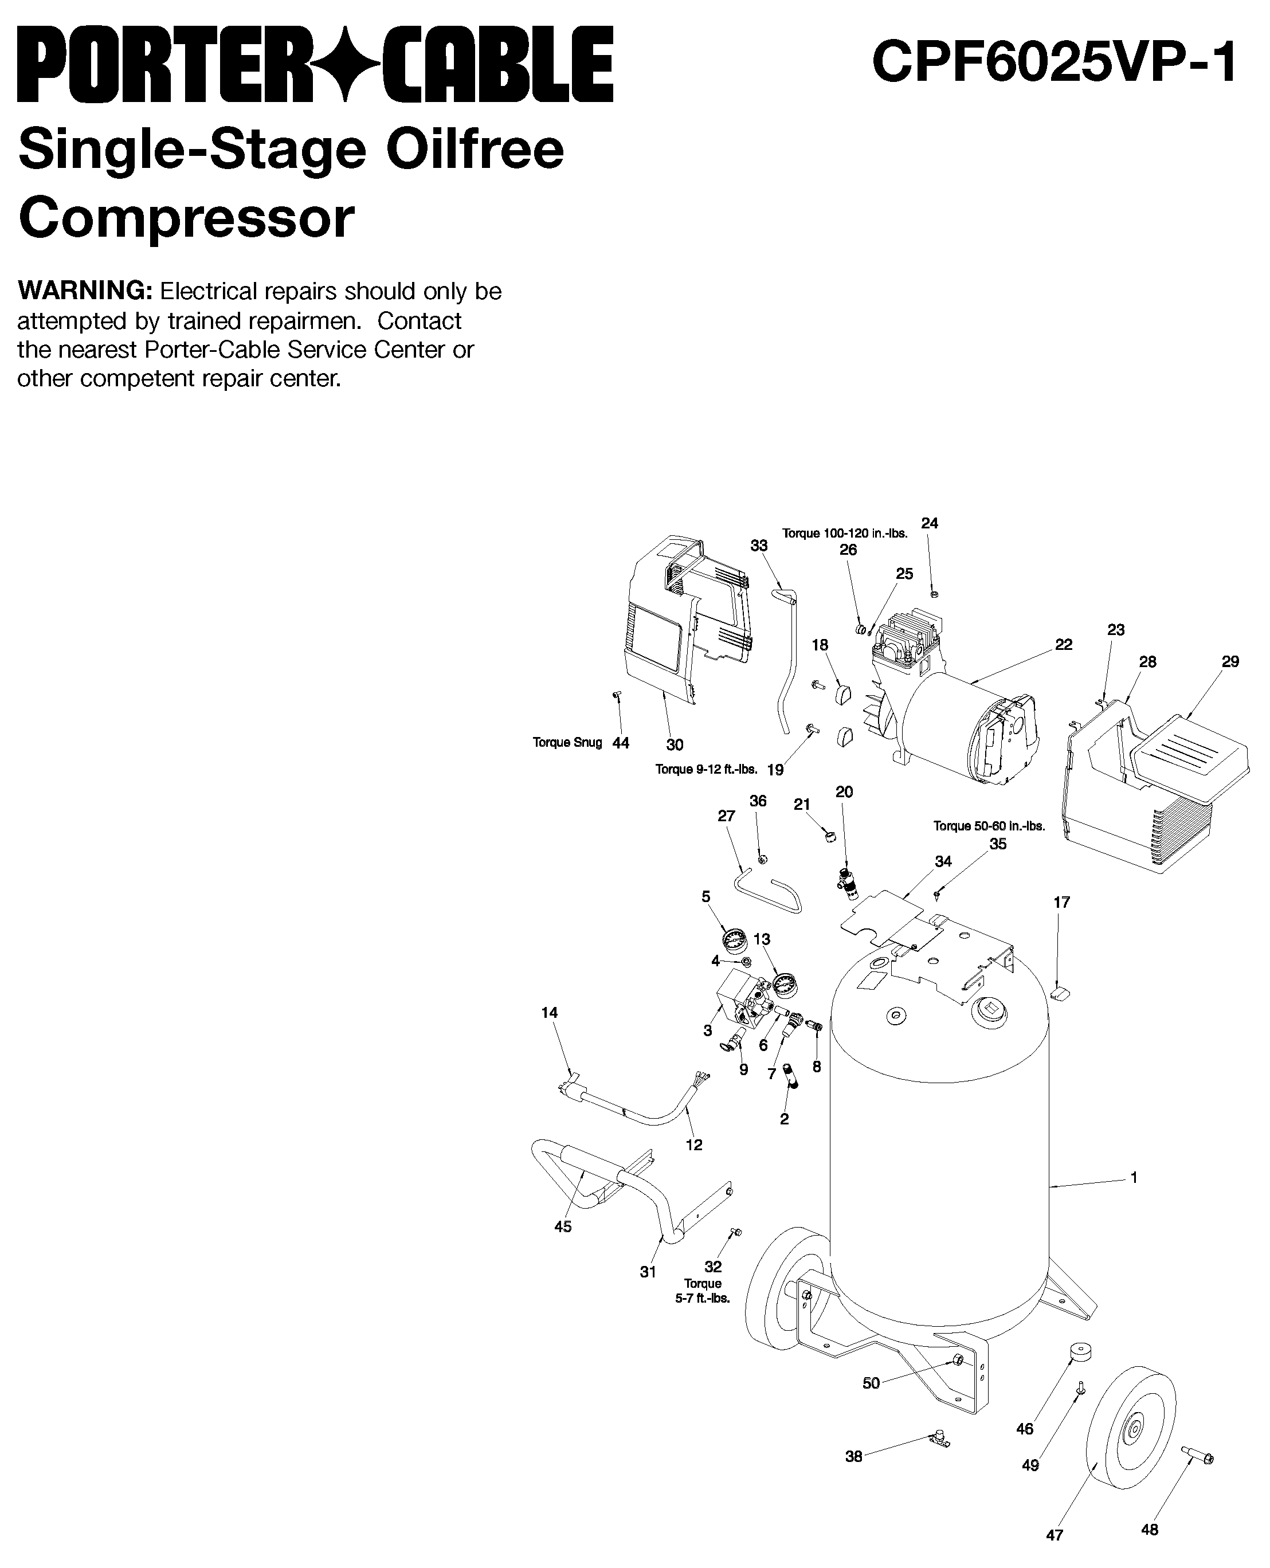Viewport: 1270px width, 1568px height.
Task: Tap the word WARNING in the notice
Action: point(84,291)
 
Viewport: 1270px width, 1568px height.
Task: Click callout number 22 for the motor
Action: point(1063,645)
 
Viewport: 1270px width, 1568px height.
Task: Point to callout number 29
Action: point(1230,661)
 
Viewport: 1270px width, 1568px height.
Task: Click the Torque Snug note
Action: point(567,743)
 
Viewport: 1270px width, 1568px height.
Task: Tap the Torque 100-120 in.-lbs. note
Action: point(844,534)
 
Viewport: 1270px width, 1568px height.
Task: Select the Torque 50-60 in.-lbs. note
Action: point(989,826)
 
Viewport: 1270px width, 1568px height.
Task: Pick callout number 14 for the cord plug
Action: point(550,1013)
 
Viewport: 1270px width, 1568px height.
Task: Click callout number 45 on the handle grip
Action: point(563,1226)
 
